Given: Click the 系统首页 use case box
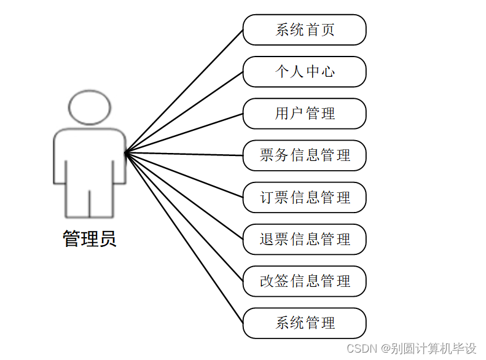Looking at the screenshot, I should pyautogui.click(x=305, y=30).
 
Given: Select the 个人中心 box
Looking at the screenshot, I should pyautogui.click(x=305, y=72).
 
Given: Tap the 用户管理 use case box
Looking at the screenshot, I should pyautogui.click(x=305, y=114).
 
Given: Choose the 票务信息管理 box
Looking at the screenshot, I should pyautogui.click(x=305, y=155).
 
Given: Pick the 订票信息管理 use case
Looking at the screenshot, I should pyautogui.click(x=305, y=197).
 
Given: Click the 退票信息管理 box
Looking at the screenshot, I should pyautogui.click(x=305, y=239).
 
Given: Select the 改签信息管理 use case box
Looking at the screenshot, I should pyautogui.click(x=305, y=281).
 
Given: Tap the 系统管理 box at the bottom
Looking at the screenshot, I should pyautogui.click(x=305, y=323).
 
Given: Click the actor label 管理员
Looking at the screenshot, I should pyautogui.click(x=90, y=238).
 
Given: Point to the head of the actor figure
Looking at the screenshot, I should pyautogui.click(x=90, y=108).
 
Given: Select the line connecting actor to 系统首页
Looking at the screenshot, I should pyautogui.click(x=184, y=91).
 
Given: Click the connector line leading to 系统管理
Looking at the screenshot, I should pyautogui.click(x=184, y=237).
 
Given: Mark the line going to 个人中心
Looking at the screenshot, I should pyautogui.click(x=184, y=112).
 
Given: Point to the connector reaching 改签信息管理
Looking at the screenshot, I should pyautogui.click(x=184, y=216).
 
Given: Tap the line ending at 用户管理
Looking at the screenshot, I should pyautogui.click(x=184, y=133).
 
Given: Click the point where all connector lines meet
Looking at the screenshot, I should pyautogui.click(x=126, y=152).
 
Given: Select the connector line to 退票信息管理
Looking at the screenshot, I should pyautogui.click(x=184, y=195).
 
